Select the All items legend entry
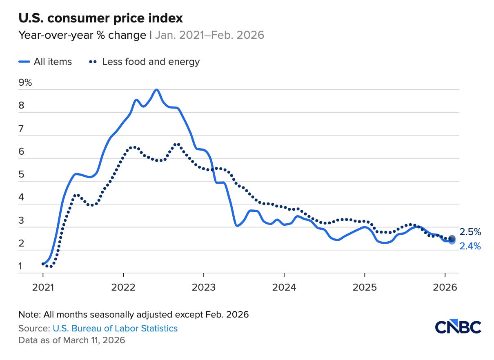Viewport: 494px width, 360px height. click(x=45, y=62)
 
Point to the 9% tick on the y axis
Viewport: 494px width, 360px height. click(x=25, y=83)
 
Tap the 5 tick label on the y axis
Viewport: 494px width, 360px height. click(x=21, y=175)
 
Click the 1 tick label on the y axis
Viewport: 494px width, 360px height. click(x=21, y=267)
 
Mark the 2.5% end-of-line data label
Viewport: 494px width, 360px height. click(x=470, y=232)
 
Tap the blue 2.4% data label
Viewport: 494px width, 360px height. click(x=470, y=246)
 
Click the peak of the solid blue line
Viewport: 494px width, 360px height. click(x=156, y=90)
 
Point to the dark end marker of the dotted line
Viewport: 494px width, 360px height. click(x=452, y=239)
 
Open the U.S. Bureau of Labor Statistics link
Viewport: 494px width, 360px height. click(x=115, y=328)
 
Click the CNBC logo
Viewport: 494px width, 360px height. click(x=458, y=327)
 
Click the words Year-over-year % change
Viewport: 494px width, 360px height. click(x=82, y=35)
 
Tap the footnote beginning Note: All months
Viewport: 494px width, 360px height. click(x=134, y=315)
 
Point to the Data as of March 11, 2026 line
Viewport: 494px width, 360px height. click(x=72, y=340)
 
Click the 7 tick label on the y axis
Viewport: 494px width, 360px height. click(x=21, y=129)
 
